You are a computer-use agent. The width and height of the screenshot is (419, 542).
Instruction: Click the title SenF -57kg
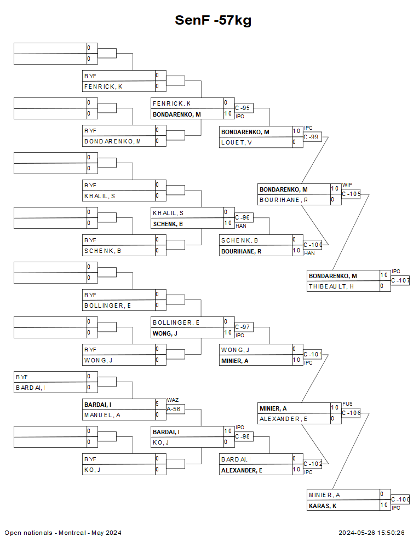click(213, 20)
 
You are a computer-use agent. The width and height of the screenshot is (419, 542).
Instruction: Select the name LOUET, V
click(237, 142)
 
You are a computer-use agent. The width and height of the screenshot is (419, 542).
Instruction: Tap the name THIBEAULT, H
click(331, 286)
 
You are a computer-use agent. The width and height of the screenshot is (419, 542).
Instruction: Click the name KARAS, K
click(323, 506)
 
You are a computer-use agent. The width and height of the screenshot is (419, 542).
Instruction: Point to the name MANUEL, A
click(102, 415)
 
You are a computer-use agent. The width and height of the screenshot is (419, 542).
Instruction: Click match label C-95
click(243, 108)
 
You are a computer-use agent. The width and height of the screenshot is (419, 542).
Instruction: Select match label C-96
click(243, 217)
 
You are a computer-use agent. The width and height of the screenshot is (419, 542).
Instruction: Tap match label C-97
click(243, 327)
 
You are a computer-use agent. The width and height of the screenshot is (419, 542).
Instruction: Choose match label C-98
click(243, 436)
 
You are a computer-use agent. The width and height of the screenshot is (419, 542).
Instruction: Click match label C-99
click(312, 136)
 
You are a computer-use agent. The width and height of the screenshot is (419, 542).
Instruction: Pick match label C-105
click(351, 193)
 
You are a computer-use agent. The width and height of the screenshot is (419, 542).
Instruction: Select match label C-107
click(400, 280)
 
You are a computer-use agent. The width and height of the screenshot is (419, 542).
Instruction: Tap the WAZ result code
click(173, 400)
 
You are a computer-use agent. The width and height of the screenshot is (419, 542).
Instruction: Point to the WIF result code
click(347, 185)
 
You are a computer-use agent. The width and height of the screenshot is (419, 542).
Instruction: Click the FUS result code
click(347, 404)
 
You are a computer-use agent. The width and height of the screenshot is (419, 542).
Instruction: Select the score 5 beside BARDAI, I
click(157, 404)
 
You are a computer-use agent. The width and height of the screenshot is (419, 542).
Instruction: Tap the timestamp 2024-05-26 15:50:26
click(371, 533)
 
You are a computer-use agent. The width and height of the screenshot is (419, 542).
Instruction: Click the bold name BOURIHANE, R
click(241, 251)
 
